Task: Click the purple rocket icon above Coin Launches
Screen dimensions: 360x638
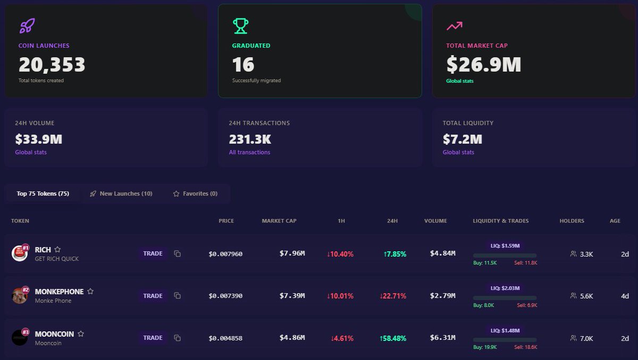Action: [27, 26]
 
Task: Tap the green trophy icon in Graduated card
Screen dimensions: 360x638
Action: [240, 26]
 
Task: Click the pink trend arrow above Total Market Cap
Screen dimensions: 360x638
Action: [454, 26]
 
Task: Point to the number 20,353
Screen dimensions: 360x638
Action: [52, 65]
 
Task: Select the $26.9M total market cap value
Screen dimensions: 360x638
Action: [483, 65]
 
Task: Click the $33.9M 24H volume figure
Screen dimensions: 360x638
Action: [38, 139]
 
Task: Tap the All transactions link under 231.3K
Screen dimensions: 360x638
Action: [249, 152]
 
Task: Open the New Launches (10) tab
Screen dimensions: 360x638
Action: [121, 194]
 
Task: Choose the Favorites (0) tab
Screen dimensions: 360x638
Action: [195, 194]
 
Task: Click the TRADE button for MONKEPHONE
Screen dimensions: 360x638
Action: [153, 296]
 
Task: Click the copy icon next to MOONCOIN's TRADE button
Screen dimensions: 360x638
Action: [178, 338]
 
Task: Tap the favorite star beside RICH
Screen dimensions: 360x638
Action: [57, 249]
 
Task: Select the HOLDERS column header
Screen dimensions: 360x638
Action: [572, 221]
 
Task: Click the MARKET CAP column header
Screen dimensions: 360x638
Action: [279, 221]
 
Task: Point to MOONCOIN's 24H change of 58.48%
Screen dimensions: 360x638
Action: [393, 338]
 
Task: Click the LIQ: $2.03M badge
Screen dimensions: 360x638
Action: [505, 288]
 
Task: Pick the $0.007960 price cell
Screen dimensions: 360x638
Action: [225, 254]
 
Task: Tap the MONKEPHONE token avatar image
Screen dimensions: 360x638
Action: [20, 296]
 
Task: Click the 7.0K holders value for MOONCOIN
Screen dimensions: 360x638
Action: [586, 338]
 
